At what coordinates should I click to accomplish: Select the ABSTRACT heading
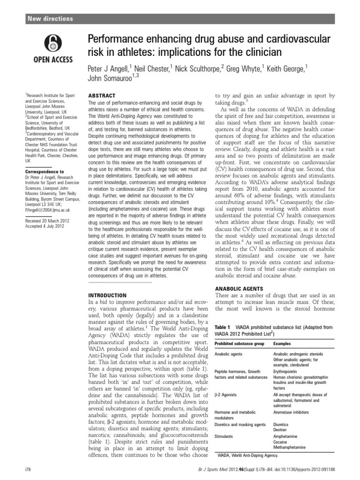[102, 96]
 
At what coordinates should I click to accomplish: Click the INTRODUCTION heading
[107, 295]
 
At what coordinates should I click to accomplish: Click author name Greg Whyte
[244, 68]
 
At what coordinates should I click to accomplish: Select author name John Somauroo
[111, 79]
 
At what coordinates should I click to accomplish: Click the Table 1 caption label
[222, 326]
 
